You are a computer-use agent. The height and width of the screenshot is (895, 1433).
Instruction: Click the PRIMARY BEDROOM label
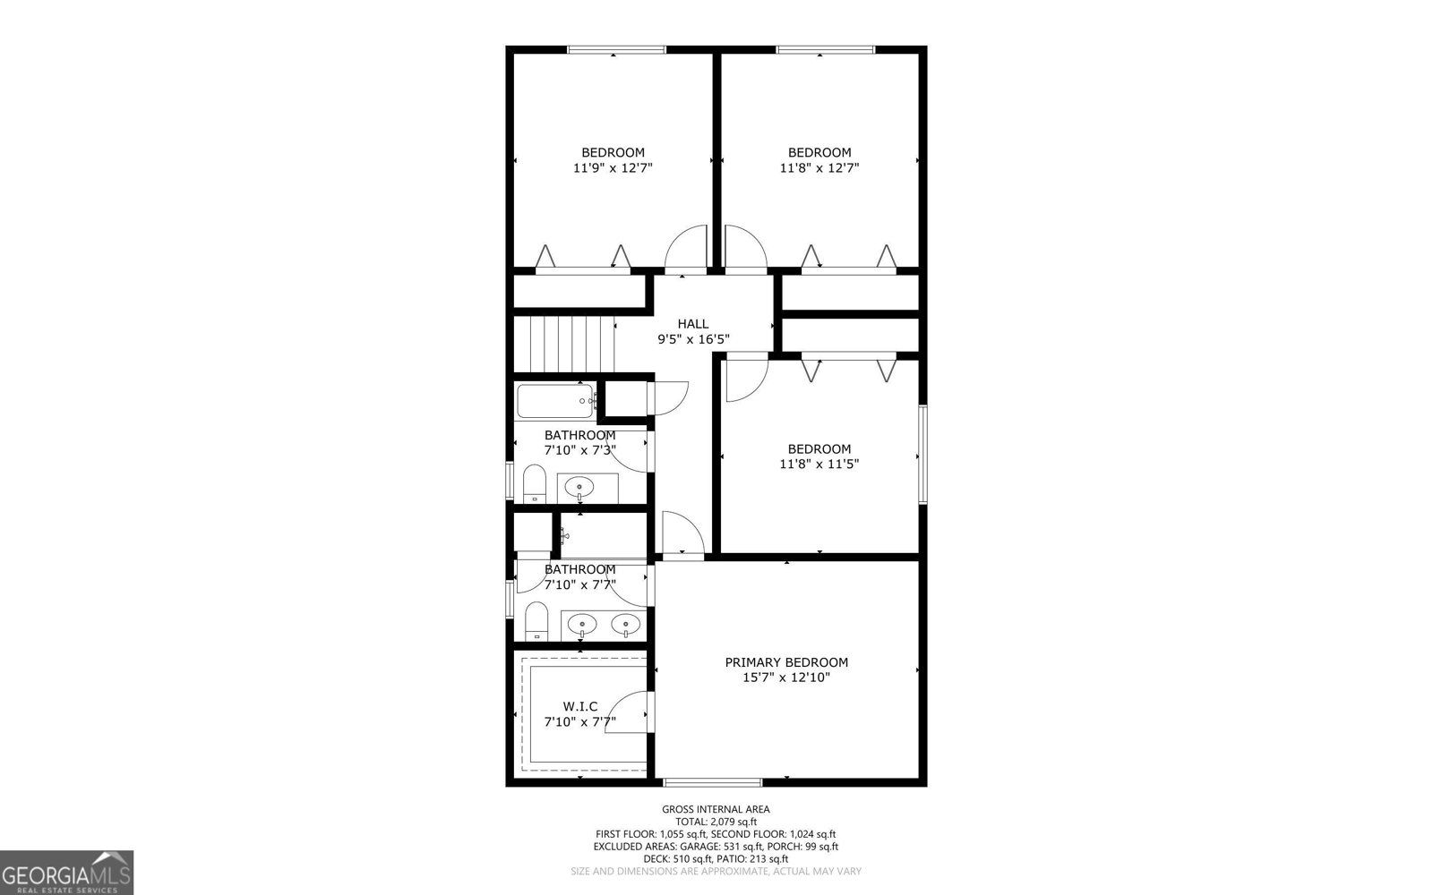coord(786,662)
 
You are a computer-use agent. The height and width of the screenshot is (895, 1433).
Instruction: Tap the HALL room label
coord(692,324)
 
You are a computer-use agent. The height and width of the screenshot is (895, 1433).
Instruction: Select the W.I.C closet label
coord(580,706)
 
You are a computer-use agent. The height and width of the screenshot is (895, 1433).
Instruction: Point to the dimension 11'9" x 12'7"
coord(613,167)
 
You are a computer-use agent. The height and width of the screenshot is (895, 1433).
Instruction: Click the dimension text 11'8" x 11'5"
coord(819,464)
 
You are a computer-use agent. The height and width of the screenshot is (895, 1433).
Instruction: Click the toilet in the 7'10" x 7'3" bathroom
coord(535,484)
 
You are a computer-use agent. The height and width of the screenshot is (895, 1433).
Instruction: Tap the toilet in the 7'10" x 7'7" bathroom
coord(536,620)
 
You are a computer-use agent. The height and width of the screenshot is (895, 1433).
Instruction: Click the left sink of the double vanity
coord(582,624)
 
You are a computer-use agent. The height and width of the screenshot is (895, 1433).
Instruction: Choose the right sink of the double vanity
coord(625,624)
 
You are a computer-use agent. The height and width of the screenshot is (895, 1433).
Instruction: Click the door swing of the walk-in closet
coord(629,712)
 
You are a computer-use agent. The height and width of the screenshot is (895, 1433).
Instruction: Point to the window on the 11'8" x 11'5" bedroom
coord(922,454)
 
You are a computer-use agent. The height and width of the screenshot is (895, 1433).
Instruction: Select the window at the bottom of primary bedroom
coord(713,781)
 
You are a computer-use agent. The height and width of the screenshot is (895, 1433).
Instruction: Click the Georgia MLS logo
coord(66,873)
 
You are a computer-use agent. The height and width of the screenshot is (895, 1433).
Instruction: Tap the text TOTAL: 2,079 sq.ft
coord(716,822)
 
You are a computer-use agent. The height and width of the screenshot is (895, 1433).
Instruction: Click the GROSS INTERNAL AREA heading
coord(716,809)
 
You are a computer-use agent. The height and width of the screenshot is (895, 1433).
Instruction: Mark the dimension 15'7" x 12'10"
coord(786,678)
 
